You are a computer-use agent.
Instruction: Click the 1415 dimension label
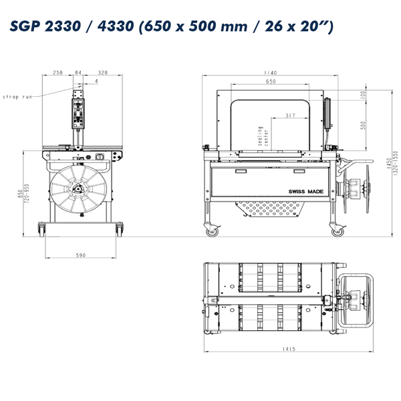tap(289, 349)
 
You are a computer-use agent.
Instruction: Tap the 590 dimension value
tap(81, 255)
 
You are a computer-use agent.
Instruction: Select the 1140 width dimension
tap(270, 73)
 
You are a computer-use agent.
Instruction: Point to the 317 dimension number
tap(290, 116)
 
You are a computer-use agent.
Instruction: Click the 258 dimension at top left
tap(57, 73)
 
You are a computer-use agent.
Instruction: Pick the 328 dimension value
tap(103, 73)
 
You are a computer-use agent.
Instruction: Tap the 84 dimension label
tap(78, 73)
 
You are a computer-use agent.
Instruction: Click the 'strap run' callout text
tap(17, 97)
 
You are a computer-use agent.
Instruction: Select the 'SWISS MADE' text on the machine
tap(306, 192)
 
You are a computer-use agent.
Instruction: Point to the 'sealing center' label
tap(263, 136)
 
